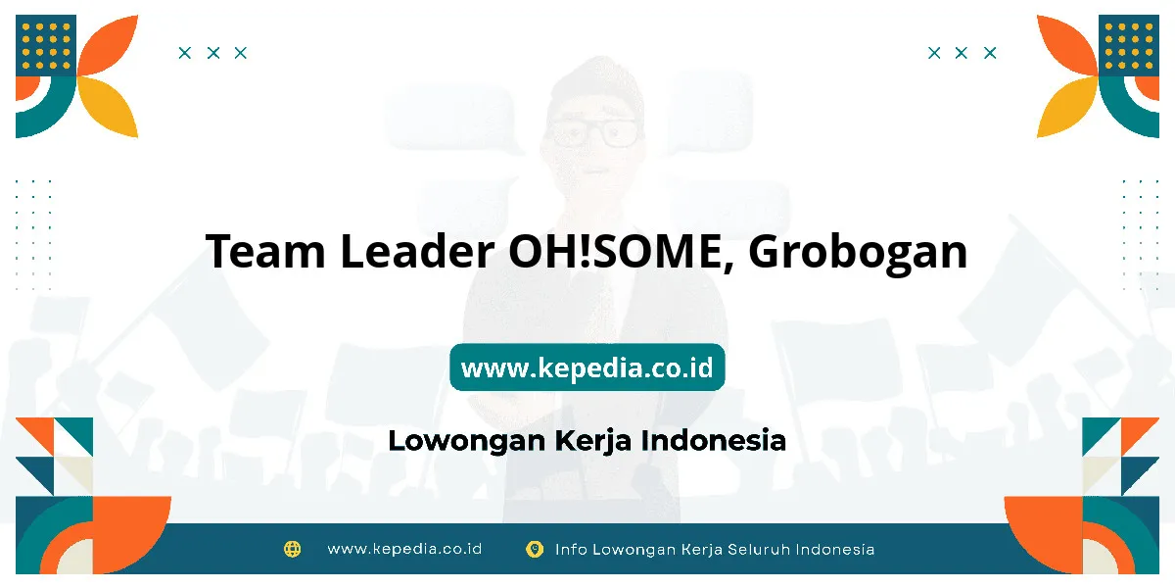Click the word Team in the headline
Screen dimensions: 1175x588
265,251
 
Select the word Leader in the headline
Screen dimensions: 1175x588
417,251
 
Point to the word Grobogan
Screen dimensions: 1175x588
858,254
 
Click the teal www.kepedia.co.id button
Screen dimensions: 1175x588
587,367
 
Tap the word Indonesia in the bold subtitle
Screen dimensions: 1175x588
714,440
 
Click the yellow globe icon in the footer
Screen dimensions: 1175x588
292,549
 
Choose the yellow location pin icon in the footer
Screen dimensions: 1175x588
535,549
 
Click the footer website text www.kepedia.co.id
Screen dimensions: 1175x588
404,549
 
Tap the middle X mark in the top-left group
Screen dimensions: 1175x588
213,53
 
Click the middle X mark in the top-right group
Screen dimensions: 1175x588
961,53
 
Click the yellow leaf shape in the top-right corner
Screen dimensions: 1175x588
1067,107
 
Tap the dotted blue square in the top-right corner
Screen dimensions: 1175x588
1129,46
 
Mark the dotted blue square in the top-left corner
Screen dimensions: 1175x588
46,46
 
